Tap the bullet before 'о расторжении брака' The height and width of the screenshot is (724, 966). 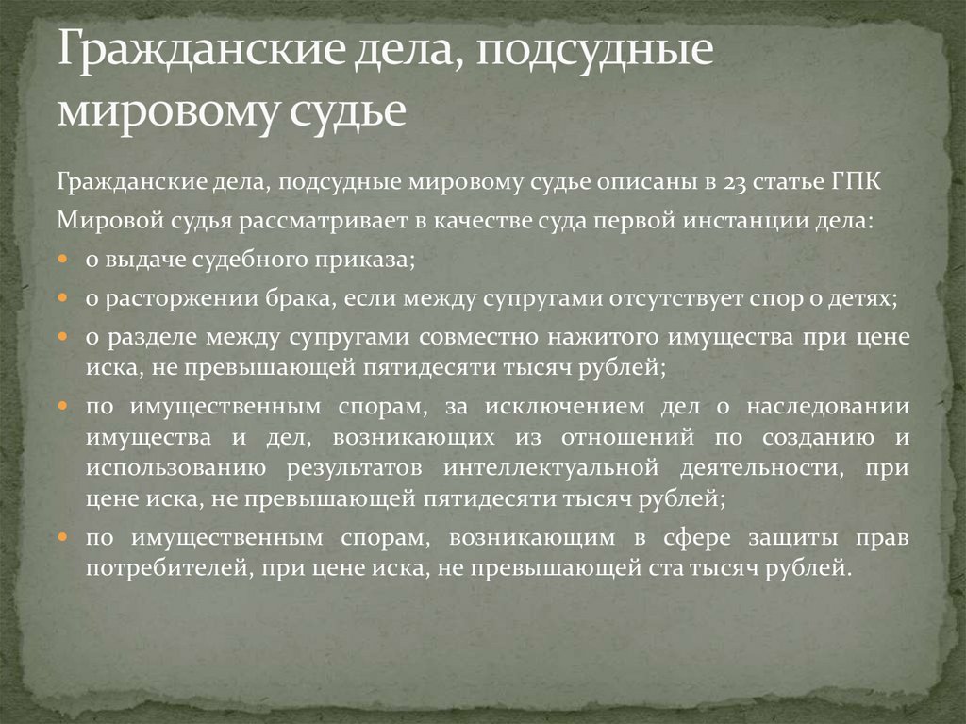tap(61, 298)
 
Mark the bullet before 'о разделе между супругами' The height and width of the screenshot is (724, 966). tap(61, 337)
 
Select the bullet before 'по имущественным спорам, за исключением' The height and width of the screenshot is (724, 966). tap(61, 408)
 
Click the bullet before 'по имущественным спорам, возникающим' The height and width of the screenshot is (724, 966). tap(61, 538)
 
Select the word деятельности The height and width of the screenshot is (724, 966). tap(764, 466)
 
